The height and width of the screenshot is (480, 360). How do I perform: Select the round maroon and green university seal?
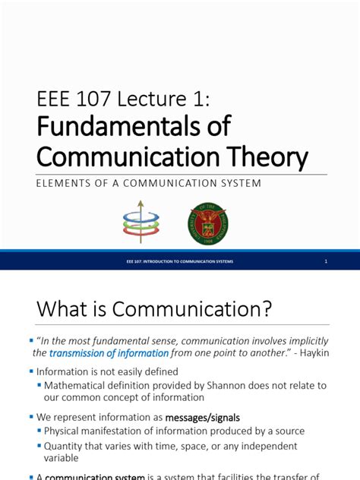pyautogui.click(x=207, y=223)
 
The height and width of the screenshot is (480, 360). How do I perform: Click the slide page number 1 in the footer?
pyautogui.click(x=325, y=262)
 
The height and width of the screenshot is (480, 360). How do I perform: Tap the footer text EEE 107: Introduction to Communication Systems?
pyautogui.click(x=180, y=262)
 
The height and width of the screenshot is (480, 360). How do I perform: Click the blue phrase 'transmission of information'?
pyautogui.click(x=109, y=353)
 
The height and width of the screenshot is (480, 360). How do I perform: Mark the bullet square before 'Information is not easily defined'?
pyautogui.click(x=32, y=372)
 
